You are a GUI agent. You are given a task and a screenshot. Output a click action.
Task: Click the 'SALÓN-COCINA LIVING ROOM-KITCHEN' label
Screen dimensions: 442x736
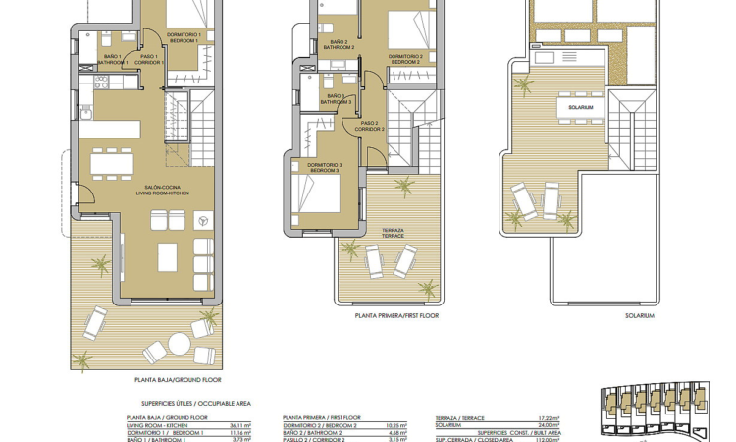point(164,191)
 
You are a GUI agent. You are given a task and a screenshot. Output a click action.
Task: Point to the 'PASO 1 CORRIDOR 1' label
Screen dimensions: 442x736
point(150,59)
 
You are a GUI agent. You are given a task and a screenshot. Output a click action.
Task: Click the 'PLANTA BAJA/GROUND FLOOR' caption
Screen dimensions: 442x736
point(178,379)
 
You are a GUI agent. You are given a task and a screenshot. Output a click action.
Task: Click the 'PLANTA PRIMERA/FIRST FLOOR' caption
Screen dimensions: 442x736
point(396,316)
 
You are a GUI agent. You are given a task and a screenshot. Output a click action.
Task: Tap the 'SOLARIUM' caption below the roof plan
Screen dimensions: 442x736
point(640,316)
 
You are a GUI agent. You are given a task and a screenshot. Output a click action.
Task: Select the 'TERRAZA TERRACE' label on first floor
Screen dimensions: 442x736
point(393,233)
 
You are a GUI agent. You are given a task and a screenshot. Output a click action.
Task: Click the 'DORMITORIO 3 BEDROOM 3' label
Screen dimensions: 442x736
point(323,167)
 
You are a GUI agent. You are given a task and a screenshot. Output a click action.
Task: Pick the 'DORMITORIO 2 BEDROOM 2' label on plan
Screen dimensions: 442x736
point(405,59)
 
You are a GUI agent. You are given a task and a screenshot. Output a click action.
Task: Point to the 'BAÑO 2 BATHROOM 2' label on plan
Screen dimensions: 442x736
point(339,45)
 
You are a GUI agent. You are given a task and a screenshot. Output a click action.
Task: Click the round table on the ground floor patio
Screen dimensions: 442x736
point(179,344)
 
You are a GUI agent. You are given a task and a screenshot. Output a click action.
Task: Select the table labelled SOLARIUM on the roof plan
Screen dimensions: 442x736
point(579,107)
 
